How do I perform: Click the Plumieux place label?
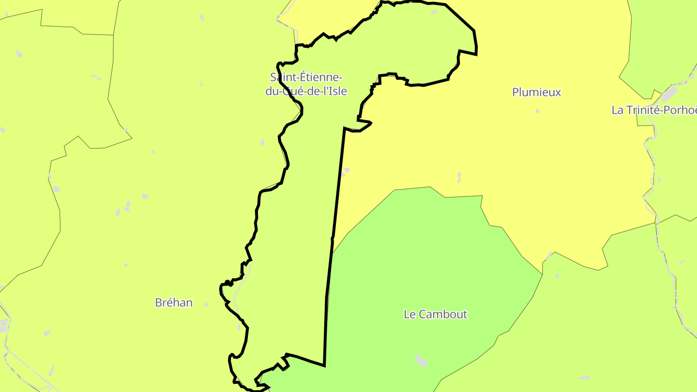click(536, 92)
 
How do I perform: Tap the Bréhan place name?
click(174, 302)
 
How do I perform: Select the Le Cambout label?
click(435, 314)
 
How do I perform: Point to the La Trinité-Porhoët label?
click(653, 110)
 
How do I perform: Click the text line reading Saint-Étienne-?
click(306, 77)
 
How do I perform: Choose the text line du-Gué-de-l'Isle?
click(306, 90)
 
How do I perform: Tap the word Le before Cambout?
click(409, 314)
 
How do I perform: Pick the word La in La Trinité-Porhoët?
click(617, 110)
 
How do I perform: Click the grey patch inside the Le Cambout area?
click(421, 360)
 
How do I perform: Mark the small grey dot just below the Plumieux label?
click(537, 111)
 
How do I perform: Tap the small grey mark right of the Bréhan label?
click(206, 304)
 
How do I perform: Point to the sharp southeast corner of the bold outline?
click(324, 365)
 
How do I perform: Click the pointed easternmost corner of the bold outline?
click(477, 54)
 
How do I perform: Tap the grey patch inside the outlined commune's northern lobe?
click(434, 12)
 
